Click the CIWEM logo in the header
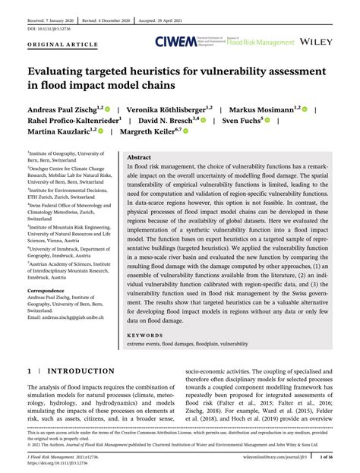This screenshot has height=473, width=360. pyautogui.click(x=177, y=43)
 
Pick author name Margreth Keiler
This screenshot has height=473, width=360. pyautogui.click(x=155, y=131)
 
